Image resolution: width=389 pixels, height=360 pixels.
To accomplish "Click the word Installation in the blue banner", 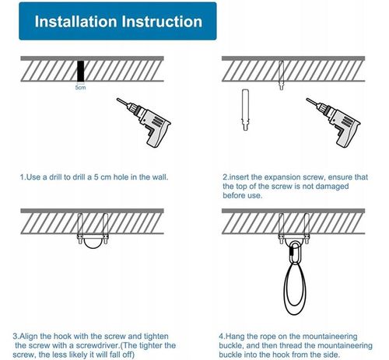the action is tap(75, 21).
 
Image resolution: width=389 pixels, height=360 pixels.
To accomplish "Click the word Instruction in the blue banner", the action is tap(162, 21).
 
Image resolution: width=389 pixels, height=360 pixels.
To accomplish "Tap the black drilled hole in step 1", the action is tap(81, 72).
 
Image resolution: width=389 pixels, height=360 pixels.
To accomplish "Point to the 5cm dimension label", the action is tap(80, 88).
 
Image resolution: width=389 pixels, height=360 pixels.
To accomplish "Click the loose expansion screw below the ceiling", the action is tap(245, 110).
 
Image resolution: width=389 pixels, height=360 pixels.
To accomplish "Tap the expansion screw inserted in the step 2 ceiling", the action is tap(282, 75).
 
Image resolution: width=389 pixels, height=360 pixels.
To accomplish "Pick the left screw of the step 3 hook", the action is tap(80, 229).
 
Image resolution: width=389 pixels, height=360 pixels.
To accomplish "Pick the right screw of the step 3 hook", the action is tap(105, 229).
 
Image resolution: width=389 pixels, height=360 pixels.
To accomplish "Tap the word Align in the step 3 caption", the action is tap(29, 337).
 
